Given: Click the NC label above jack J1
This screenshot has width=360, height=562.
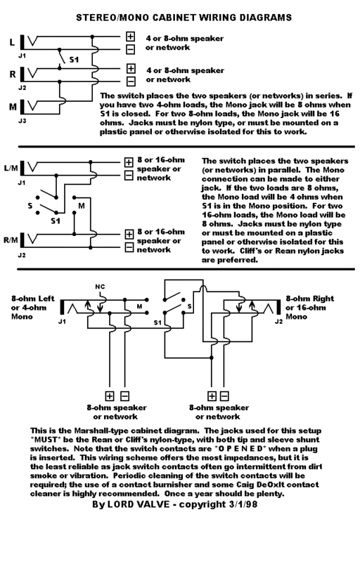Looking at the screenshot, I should [x=99, y=287].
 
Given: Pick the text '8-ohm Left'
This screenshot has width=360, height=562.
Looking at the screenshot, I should [x=33, y=298].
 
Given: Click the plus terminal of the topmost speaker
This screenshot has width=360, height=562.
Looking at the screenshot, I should [x=131, y=37].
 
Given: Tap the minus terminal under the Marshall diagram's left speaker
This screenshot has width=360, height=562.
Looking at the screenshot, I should [x=123, y=396].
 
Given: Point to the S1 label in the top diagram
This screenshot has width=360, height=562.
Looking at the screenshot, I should [x=72, y=60].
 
